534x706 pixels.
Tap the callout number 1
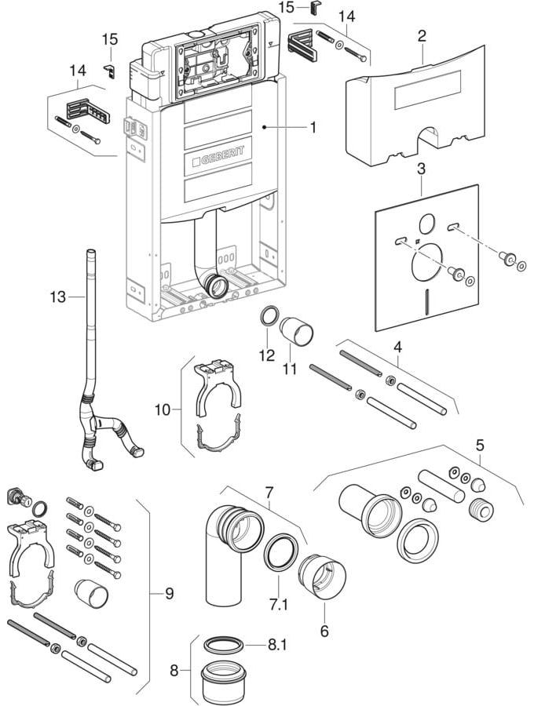[x=312, y=128]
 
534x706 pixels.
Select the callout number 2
[x=422, y=36]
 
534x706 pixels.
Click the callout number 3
[x=421, y=169]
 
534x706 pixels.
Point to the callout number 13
[x=58, y=297]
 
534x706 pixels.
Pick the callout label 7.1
[x=278, y=605]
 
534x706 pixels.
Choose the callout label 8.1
[x=277, y=645]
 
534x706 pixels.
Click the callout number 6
[x=324, y=631]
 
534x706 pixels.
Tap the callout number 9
[x=169, y=594]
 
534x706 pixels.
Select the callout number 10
[x=163, y=410]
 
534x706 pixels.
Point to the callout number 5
[x=480, y=446]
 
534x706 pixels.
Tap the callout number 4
[x=397, y=348]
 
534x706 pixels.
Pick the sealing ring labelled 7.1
[x=281, y=551]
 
